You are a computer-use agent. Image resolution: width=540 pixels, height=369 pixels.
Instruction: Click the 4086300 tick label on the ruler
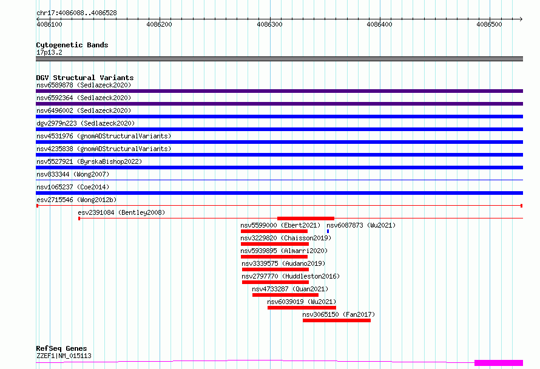click(269, 24)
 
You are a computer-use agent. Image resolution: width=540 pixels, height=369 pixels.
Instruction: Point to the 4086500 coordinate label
click(489, 24)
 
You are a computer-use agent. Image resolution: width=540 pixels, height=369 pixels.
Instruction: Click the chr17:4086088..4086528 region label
click(76, 13)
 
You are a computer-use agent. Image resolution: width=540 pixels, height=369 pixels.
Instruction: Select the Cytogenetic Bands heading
click(72, 45)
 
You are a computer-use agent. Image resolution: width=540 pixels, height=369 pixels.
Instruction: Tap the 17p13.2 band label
click(49, 52)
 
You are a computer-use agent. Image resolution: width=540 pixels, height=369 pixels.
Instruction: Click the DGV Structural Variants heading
click(85, 78)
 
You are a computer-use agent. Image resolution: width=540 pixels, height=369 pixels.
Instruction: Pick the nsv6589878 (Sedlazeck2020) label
click(84, 85)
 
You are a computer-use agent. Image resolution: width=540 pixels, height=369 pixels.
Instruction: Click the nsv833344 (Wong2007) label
click(73, 174)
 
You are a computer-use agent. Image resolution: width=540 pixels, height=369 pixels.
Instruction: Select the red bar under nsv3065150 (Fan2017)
click(337, 320)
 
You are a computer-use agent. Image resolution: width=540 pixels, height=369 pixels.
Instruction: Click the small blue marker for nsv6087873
click(328, 231)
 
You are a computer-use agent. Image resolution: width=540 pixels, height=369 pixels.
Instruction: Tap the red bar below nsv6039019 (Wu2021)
click(302, 308)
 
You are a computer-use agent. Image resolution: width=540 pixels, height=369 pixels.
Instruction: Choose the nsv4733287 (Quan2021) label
click(290, 289)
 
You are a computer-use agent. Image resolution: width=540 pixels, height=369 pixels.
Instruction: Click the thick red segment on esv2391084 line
click(305, 218)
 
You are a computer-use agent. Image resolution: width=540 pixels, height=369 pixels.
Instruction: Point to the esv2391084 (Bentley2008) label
click(121, 212)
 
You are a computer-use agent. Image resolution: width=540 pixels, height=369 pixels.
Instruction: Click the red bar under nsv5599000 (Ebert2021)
click(274, 231)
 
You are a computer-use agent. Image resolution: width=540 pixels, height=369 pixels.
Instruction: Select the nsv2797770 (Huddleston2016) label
click(291, 276)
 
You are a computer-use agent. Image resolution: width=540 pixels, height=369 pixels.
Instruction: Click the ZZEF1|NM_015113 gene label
click(64, 356)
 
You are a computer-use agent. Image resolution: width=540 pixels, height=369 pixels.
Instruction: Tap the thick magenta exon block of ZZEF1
click(499, 363)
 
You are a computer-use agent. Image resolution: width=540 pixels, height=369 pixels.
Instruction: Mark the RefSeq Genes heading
click(61, 348)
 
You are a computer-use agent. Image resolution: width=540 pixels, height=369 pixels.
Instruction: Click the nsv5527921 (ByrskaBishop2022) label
click(89, 161)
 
